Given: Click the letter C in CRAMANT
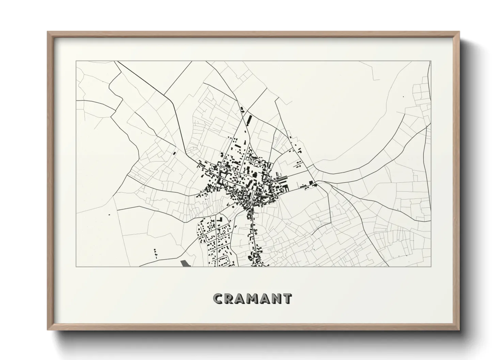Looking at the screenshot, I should (x=218, y=298).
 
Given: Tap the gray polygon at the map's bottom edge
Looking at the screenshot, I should (x=185, y=263).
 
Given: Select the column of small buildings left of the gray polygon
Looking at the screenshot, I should (x=156, y=252).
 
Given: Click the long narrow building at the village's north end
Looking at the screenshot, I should (x=249, y=120).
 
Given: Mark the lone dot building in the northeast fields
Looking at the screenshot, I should (x=403, y=97).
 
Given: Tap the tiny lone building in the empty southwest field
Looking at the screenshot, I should (x=109, y=215).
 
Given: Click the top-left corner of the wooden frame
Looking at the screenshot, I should (x=48, y=32).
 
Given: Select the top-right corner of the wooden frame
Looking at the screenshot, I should (x=459, y=32).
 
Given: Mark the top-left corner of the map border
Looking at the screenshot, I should (x=76, y=61).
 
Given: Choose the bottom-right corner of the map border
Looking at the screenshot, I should (x=431, y=266).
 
